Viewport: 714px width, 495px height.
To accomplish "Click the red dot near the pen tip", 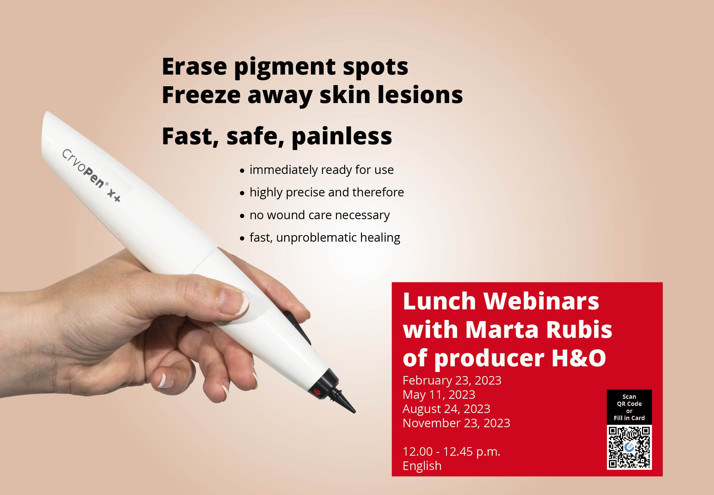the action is (x=316, y=392).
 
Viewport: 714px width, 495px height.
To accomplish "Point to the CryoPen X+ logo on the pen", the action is (x=91, y=175).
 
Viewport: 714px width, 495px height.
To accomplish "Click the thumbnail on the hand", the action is (x=232, y=300).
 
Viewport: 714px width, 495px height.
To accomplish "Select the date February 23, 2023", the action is (x=452, y=381).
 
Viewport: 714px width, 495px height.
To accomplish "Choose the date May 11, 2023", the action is (x=439, y=395).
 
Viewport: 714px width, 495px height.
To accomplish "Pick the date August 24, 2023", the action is (x=446, y=409).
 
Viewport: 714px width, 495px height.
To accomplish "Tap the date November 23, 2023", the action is (x=456, y=423).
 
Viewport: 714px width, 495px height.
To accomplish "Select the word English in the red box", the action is (x=422, y=466).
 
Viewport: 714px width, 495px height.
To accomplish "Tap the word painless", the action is (x=342, y=137).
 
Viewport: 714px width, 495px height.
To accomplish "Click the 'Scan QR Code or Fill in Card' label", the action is (x=629, y=407).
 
